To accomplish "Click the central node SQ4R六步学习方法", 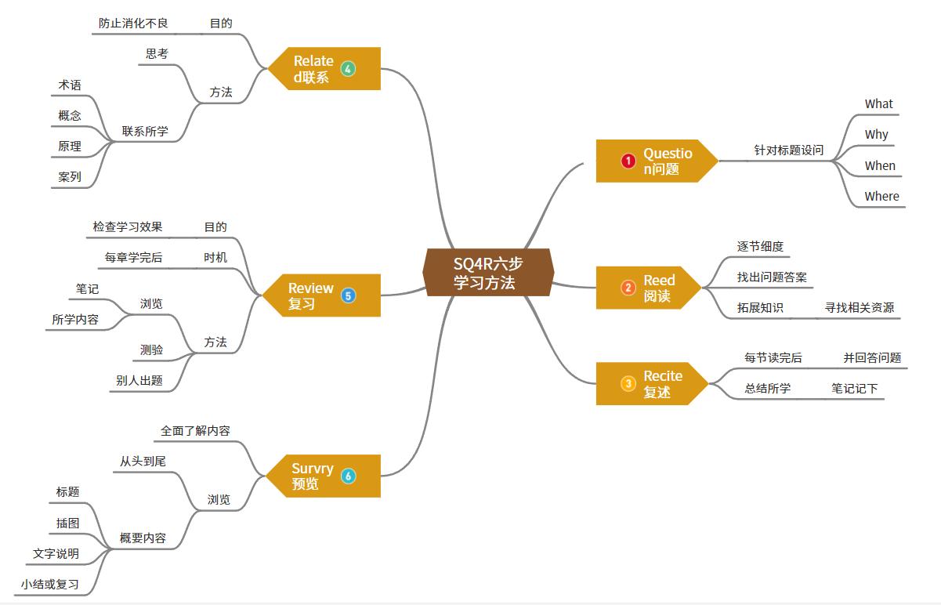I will point(488,273).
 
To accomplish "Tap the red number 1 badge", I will point(628,161).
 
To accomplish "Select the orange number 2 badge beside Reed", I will point(628,288).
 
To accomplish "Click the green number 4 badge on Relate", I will point(348,68).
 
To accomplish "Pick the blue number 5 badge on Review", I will point(348,295).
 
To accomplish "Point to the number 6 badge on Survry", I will point(348,476).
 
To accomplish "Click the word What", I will point(878,103).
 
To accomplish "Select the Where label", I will point(881,196).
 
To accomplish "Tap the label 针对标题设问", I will point(788,150).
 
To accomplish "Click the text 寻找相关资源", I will point(859,307).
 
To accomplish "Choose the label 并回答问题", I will point(871,357).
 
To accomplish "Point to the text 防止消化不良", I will point(133,23).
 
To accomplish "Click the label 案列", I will point(69,176).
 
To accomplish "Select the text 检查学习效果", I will point(127,226).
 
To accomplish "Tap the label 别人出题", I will point(139,380).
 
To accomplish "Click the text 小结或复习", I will point(50,584).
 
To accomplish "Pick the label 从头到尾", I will point(143,462).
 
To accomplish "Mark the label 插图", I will point(67,523).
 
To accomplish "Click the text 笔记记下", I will point(854,388).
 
